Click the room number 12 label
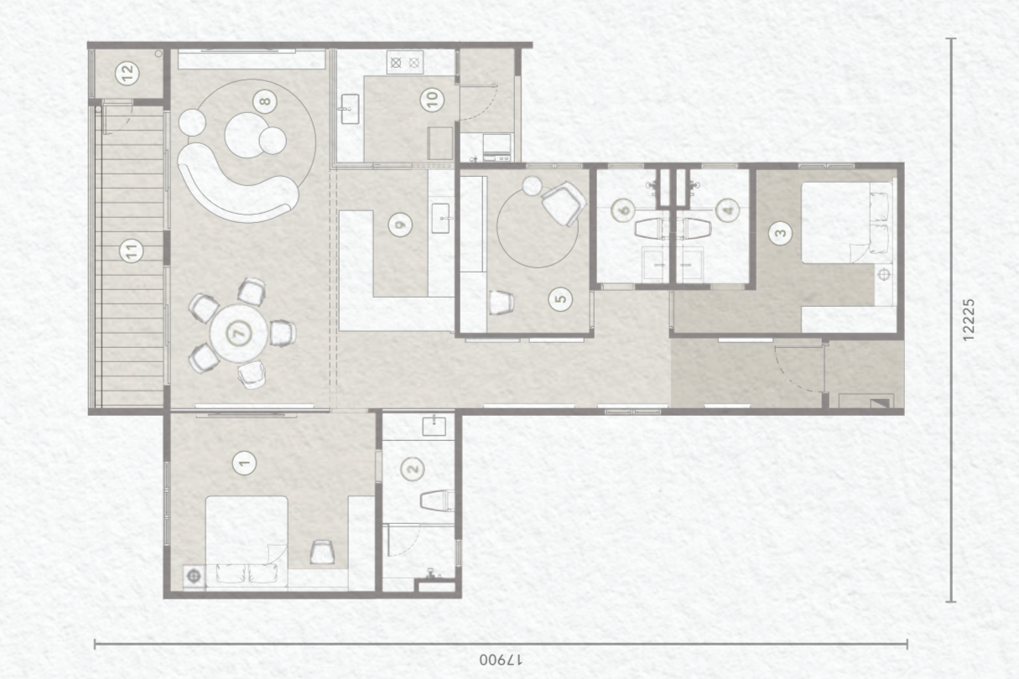click(127, 72)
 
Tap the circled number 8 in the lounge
click(265, 101)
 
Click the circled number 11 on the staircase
click(132, 251)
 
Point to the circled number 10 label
click(432, 100)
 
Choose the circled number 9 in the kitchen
click(400, 225)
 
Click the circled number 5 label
click(560, 299)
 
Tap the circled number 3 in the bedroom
click(780, 233)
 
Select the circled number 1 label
click(244, 464)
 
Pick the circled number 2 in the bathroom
click(413, 469)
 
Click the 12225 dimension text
click(969, 319)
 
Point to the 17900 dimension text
click(501, 660)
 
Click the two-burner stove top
click(405, 62)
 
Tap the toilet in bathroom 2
click(437, 501)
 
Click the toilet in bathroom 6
click(649, 228)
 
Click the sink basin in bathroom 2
click(434, 427)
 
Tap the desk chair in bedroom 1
click(322, 552)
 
